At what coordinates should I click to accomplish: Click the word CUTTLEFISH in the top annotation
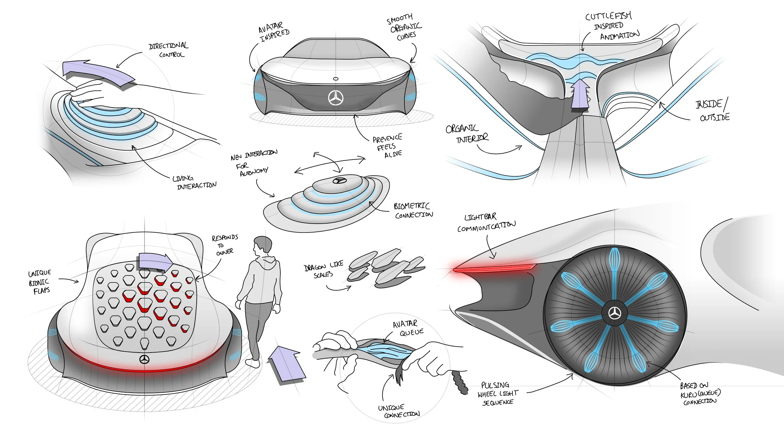point(608,16)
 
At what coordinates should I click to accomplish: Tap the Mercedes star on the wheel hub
point(615,313)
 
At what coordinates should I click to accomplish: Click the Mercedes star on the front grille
point(336,98)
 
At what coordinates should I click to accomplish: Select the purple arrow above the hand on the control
point(97,74)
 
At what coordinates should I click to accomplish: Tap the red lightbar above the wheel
point(494,268)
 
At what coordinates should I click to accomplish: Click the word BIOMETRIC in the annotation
point(411,206)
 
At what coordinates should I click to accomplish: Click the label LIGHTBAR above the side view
point(480,217)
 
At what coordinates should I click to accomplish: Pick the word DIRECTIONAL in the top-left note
point(168,46)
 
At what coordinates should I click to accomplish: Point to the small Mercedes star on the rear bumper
point(144,359)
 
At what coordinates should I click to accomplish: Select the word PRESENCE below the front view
point(387,138)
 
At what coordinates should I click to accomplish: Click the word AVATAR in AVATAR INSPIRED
point(270,27)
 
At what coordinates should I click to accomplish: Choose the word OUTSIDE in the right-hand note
point(715,117)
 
